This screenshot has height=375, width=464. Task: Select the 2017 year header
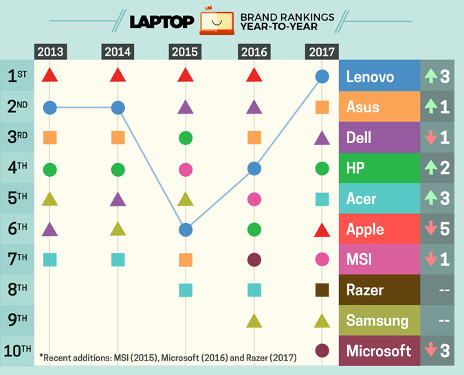[x=321, y=52]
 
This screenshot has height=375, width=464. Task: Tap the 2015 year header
[x=185, y=52]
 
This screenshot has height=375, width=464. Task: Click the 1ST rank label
[x=16, y=76]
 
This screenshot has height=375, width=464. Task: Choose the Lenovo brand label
[x=371, y=76]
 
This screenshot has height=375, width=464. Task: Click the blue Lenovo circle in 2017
[x=321, y=76]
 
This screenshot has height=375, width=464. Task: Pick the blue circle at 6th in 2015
[x=185, y=229]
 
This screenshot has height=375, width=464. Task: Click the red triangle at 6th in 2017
[x=321, y=229]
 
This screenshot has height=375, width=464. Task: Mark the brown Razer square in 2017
[x=321, y=290]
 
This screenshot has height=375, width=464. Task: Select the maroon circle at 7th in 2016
[x=254, y=259]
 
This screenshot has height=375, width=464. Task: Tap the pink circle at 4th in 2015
[x=185, y=169]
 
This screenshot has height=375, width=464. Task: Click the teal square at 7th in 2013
[x=49, y=259]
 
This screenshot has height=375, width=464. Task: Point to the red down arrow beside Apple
[x=430, y=229]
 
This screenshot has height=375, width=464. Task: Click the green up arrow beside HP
[x=430, y=169]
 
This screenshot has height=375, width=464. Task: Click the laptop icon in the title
[x=213, y=22]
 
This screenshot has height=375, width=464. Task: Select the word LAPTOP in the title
[x=161, y=22]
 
